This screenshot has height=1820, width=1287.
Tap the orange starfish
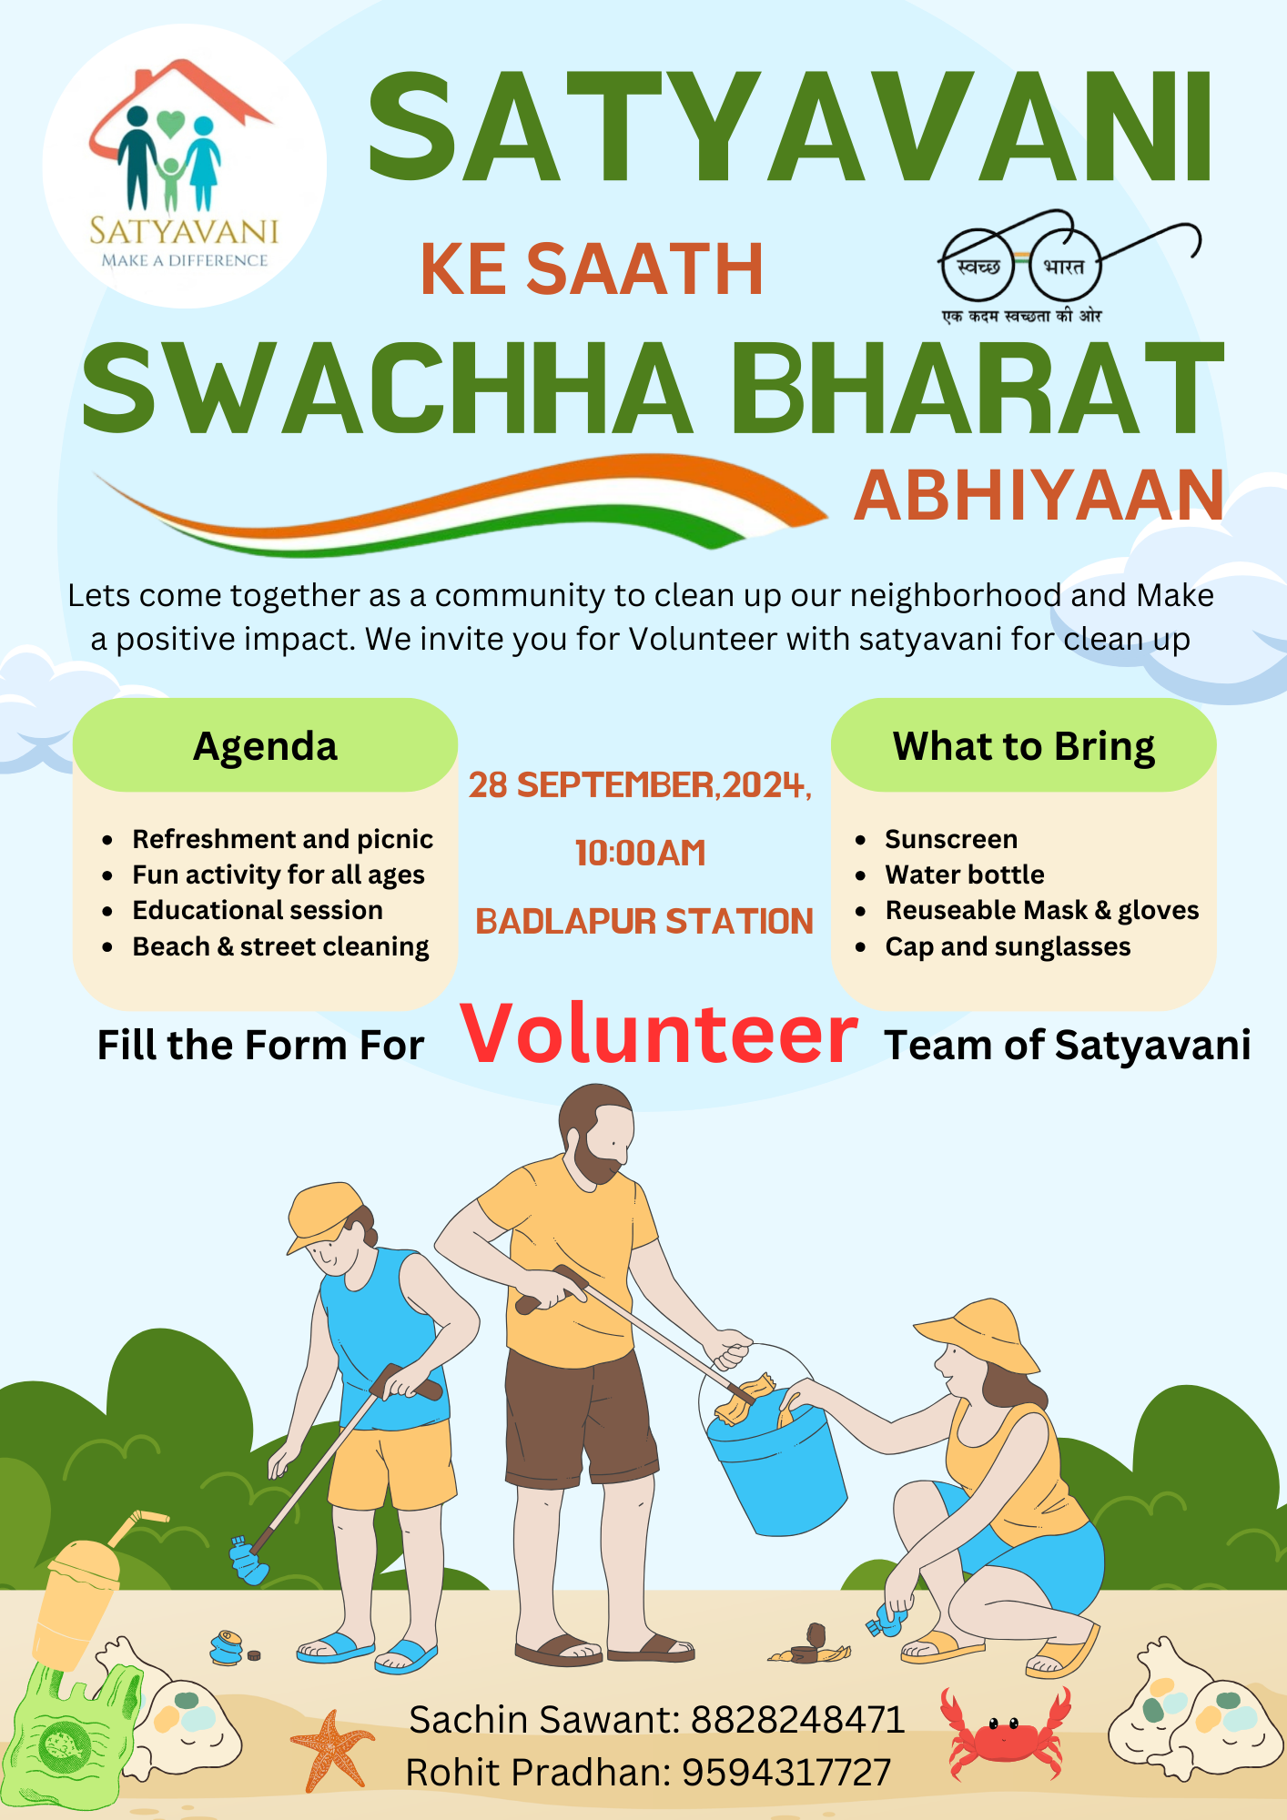click(x=331, y=1749)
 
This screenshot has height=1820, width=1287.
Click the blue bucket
click(x=775, y=1464)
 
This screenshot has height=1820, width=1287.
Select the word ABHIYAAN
click(x=1039, y=496)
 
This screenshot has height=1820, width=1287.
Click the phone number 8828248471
click(x=797, y=1720)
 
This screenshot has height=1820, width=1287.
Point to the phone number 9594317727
click(x=786, y=1773)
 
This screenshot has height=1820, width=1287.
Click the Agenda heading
click(x=265, y=747)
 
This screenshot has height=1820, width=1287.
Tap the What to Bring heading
click(x=1024, y=747)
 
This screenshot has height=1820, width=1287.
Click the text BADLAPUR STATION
click(x=644, y=922)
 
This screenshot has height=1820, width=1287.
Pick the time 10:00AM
click(x=641, y=854)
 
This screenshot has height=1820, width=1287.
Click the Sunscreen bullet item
click(x=951, y=839)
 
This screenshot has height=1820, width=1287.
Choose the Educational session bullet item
click(x=258, y=910)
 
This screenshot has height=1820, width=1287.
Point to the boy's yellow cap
click(x=324, y=1213)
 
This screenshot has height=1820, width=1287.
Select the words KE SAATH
click(x=592, y=270)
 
